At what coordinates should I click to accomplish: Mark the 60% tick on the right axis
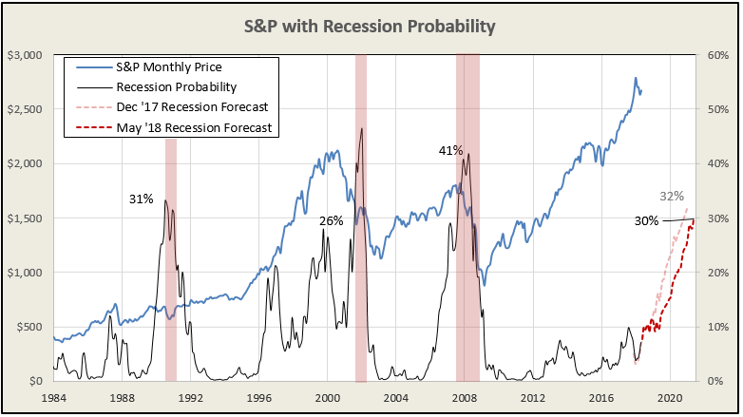718,55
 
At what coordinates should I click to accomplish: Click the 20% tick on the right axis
718,273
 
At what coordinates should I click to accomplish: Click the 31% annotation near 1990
142,199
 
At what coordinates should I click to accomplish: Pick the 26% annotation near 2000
331,221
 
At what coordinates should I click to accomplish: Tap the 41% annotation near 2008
450,150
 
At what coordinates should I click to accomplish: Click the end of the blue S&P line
640,92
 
